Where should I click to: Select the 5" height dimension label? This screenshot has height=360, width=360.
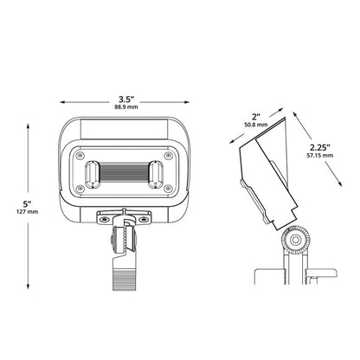pyautogui.click(x=28, y=204)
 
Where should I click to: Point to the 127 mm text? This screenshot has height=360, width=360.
pyautogui.click(x=28, y=212)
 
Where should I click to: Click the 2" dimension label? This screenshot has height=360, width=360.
pyautogui.click(x=256, y=117)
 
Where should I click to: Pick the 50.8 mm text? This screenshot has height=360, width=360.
pyautogui.click(x=256, y=125)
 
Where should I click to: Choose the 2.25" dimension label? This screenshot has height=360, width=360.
pyautogui.click(x=320, y=148)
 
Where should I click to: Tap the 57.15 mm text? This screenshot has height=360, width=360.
pyautogui.click(x=320, y=156)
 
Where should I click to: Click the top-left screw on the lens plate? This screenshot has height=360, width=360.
pyautogui.click(x=79, y=156)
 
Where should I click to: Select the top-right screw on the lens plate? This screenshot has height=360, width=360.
pyautogui.click(x=168, y=156)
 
